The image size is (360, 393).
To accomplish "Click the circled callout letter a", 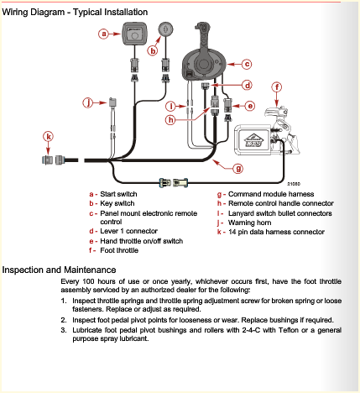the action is pos(104,34).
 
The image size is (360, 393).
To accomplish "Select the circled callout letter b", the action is pos(153,51).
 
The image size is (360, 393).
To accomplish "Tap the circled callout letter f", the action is pos(277,87).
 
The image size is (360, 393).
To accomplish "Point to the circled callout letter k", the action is pos(48,137).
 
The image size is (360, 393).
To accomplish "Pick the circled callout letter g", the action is pos(238,168).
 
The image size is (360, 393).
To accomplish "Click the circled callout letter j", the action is pos(88,102).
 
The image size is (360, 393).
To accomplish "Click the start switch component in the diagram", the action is pos(134,34).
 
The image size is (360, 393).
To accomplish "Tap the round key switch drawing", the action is pos(166,29).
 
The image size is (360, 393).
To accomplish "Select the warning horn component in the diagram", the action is pos(112,102).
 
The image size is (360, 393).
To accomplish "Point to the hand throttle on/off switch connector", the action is pos(227,106).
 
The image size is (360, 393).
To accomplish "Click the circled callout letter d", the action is pos(248,85).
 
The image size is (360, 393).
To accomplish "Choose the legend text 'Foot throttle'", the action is pos(119,250).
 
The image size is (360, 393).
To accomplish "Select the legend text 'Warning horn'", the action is pos(250,223).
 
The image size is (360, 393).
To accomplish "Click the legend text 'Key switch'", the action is pos(117,203).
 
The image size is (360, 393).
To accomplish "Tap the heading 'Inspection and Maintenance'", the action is pos(59,270).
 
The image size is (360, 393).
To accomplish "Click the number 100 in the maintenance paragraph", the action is pos(89,281).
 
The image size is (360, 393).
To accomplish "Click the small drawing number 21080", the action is pos(294,184).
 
